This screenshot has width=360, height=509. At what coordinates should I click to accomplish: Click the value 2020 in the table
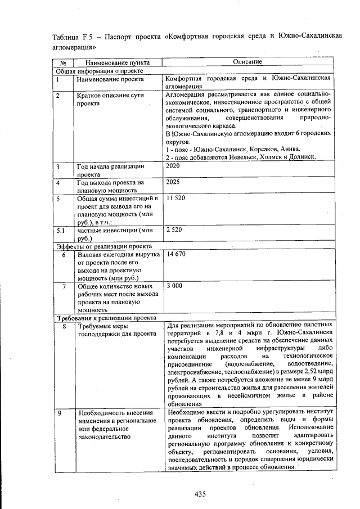coord(174,166)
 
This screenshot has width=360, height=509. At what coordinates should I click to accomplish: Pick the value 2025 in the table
coord(174,183)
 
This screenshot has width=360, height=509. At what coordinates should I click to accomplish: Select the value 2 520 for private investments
coord(175,231)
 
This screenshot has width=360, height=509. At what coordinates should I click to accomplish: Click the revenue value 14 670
coord(176,254)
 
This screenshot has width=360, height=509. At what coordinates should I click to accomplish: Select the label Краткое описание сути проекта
coord(110,100)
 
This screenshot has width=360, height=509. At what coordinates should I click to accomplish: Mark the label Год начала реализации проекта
coord(110,170)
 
